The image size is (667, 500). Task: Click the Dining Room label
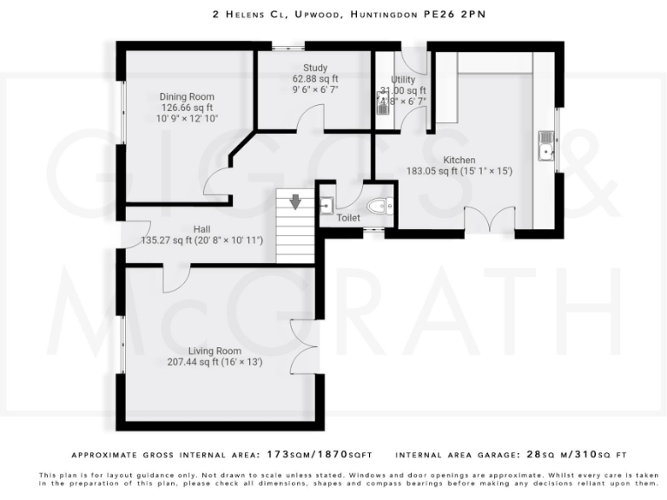point(186,96)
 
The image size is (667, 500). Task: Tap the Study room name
point(314,68)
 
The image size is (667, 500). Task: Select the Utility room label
point(403,80)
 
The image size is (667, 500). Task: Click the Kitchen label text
point(459,160)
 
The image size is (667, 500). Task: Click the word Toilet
point(348,219)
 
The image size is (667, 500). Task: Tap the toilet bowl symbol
point(380,206)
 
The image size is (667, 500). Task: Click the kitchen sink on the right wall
point(545,147)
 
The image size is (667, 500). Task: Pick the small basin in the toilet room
point(326,205)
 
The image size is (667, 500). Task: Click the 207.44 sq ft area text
point(196,362)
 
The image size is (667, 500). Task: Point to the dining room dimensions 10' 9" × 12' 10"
point(187,118)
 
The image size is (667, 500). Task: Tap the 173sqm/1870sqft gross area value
point(320,454)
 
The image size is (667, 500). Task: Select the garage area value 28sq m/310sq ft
point(571,454)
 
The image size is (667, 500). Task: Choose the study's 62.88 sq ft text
point(314,78)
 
